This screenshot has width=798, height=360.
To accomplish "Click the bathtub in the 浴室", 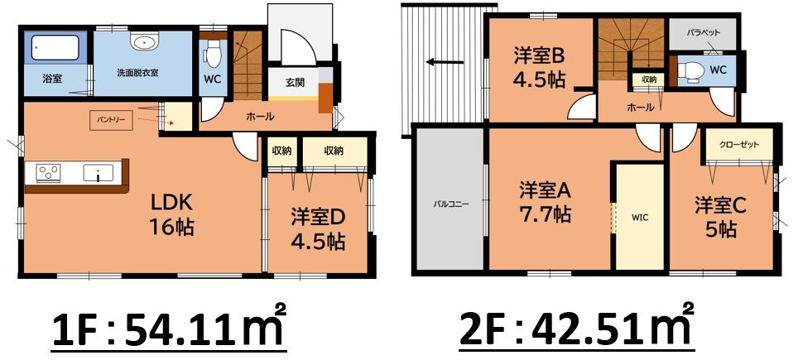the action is click(x=55, y=47).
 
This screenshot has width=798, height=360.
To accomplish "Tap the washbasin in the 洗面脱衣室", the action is click(x=144, y=41).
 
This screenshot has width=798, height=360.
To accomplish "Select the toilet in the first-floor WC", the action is click(x=214, y=54).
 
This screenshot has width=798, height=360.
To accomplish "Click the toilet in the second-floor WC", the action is click(x=691, y=72).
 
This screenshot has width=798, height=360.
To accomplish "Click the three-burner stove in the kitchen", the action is click(x=48, y=172).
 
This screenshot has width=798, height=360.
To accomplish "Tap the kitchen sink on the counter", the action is click(x=99, y=173).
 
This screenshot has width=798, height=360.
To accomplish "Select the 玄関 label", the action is click(x=294, y=82).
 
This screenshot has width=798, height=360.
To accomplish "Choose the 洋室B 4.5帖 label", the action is click(x=539, y=68).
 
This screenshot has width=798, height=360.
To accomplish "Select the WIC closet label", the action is click(x=640, y=217).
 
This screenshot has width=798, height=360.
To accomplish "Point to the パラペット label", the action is click(x=704, y=32).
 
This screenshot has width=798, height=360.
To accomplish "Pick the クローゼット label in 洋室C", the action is click(x=739, y=144).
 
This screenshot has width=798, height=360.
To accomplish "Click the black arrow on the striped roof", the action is click(x=445, y=63).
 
